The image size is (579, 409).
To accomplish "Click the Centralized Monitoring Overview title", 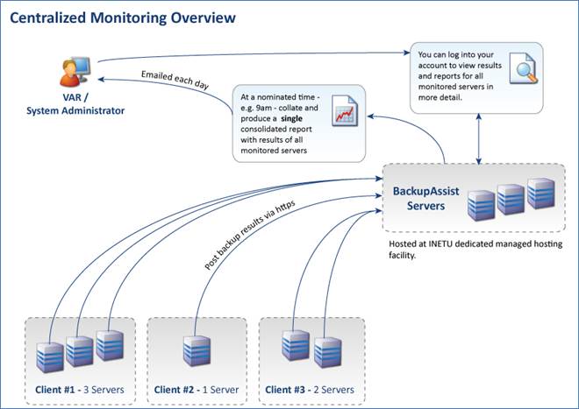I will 122,17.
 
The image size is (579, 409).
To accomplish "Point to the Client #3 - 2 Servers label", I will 309,389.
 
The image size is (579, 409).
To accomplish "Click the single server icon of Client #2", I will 197,351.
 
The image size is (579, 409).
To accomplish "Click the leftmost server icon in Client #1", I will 52,357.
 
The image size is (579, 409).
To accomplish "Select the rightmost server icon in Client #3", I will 326,351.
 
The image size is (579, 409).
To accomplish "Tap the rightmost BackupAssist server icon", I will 540,194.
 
